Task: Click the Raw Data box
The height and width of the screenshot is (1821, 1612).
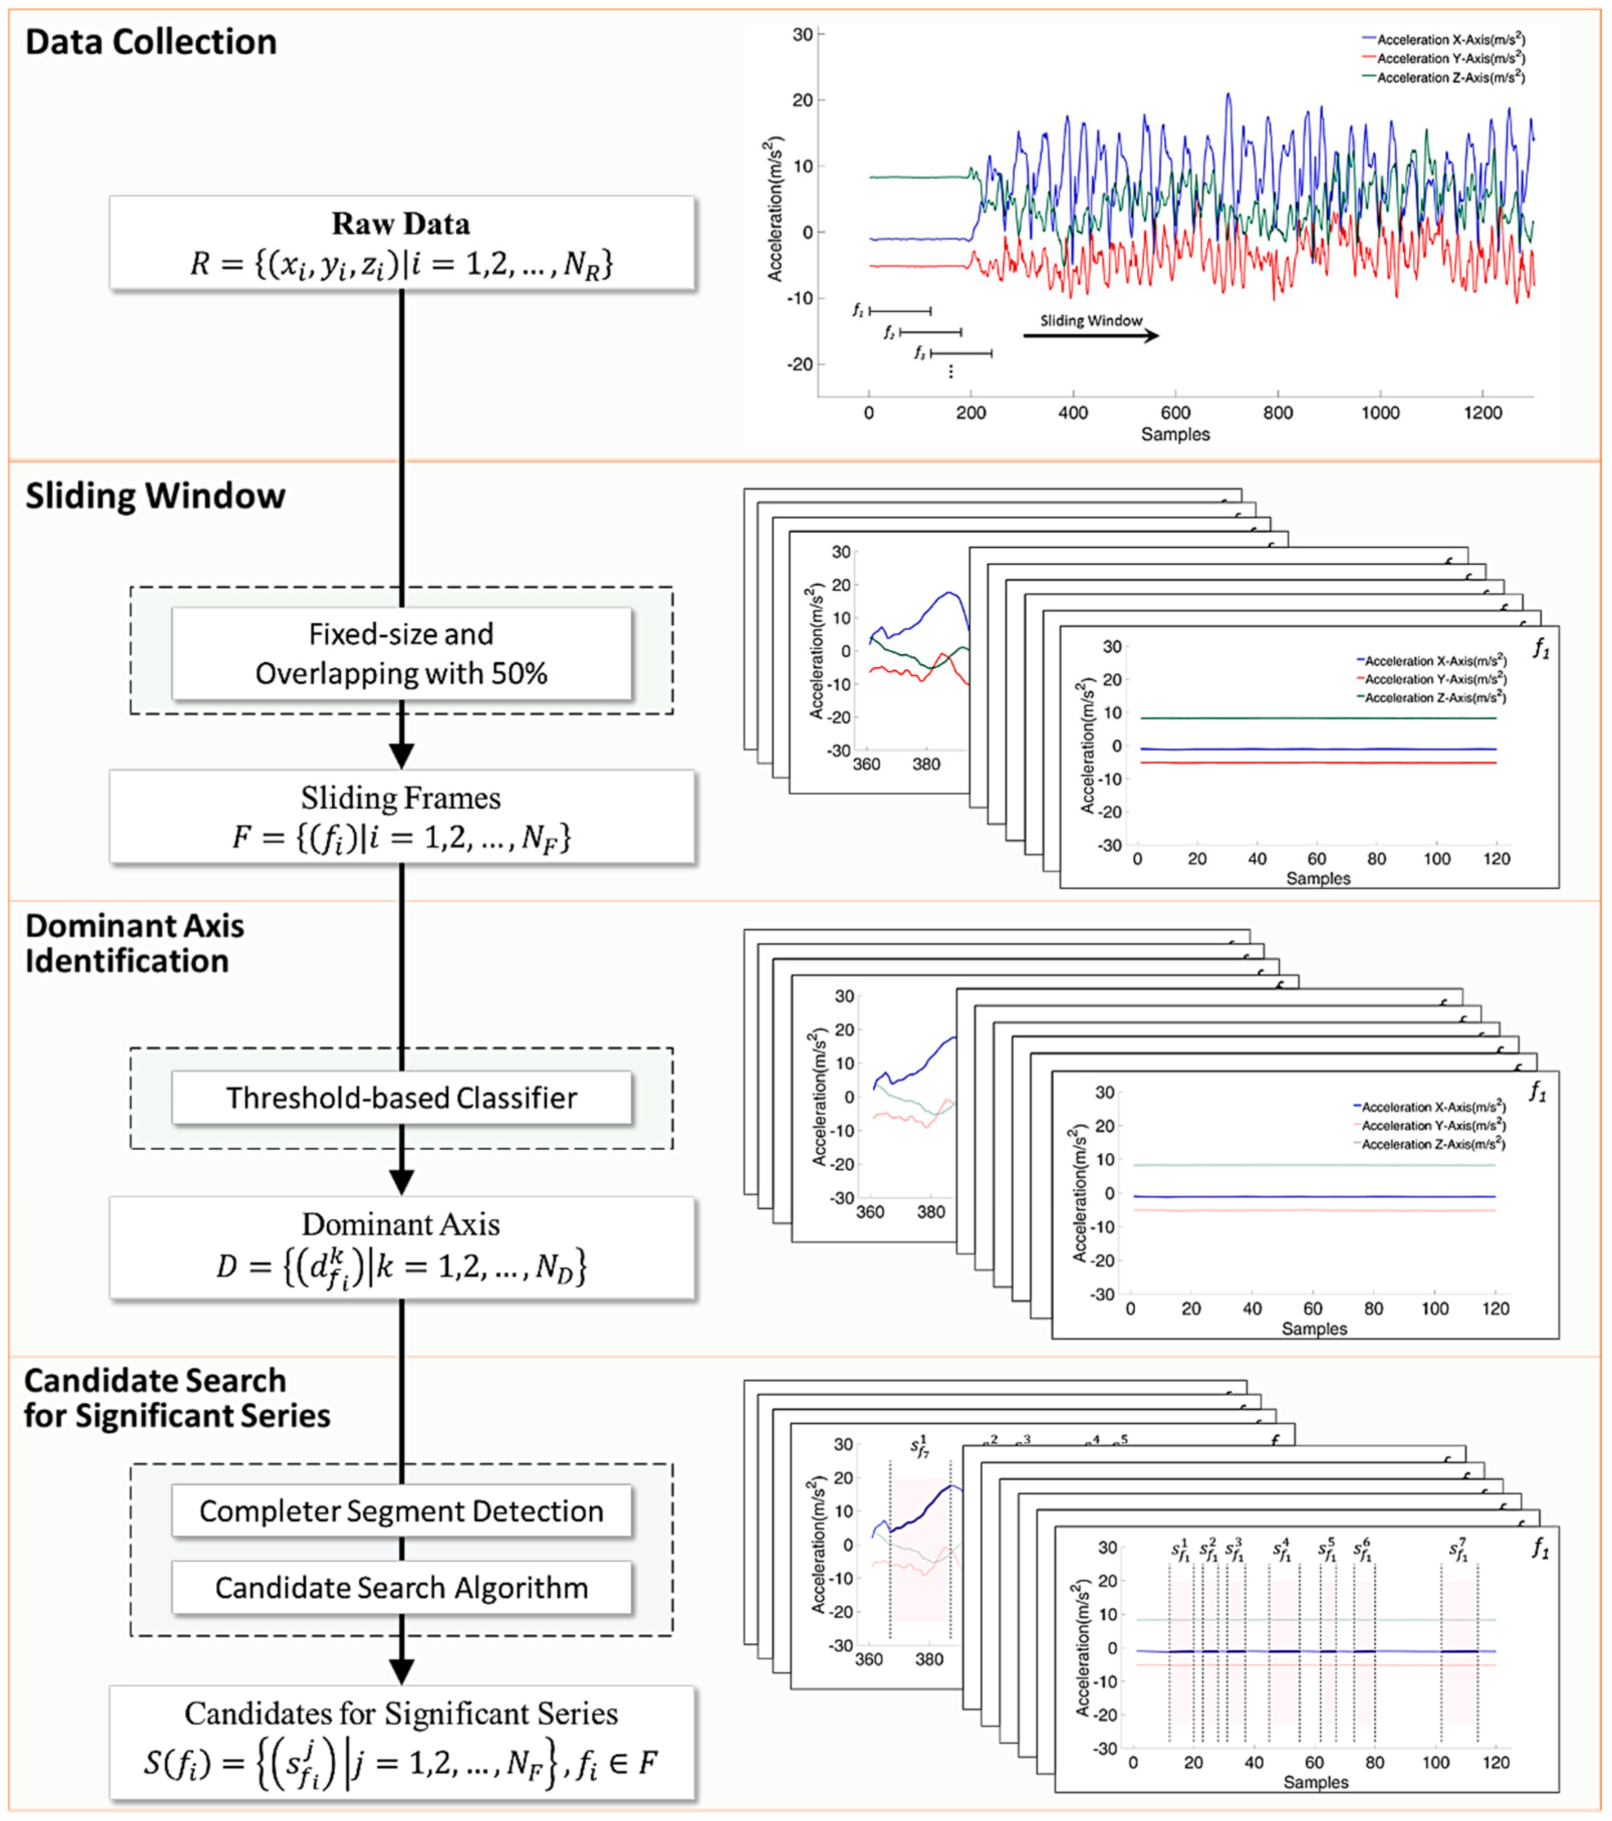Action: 401,243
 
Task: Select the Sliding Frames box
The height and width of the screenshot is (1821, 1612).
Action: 401,816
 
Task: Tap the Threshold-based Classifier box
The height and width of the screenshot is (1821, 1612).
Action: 401,1098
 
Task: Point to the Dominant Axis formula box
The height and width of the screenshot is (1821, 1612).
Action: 401,1247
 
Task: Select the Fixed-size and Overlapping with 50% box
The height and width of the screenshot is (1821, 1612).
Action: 401,653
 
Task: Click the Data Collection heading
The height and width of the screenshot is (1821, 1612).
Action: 152,42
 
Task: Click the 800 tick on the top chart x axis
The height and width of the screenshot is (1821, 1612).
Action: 1278,413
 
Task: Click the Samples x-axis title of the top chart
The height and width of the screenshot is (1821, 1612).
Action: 1175,435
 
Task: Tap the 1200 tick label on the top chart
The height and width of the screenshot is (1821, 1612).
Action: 1482,413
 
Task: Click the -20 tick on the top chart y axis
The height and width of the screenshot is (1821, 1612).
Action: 800,365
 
